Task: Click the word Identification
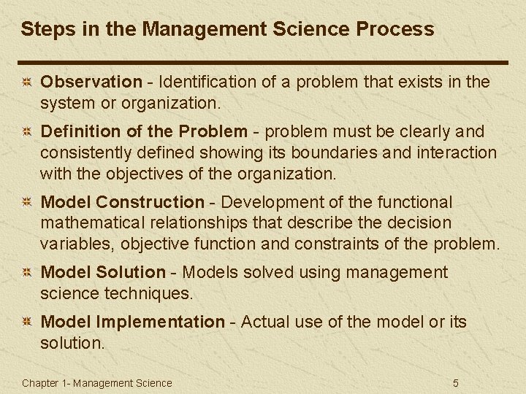pyautogui.click(x=200, y=82)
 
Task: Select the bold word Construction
pyautogui.click(x=150, y=202)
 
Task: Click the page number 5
pyautogui.click(x=455, y=383)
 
